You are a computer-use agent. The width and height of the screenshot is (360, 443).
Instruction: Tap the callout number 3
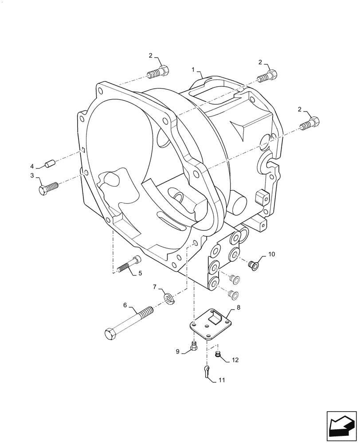click(32, 176)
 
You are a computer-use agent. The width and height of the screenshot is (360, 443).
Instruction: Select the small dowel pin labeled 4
click(49, 164)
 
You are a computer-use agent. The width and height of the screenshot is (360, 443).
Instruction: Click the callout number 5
click(140, 273)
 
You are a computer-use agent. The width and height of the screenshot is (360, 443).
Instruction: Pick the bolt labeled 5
click(129, 264)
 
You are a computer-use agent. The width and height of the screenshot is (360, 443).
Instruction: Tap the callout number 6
click(125, 305)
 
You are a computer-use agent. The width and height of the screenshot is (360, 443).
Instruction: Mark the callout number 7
click(155, 288)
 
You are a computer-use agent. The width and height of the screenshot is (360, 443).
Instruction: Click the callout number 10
click(271, 254)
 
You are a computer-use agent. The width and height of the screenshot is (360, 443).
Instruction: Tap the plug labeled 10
click(254, 265)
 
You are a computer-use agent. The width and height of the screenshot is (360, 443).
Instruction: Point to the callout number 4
click(32, 166)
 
